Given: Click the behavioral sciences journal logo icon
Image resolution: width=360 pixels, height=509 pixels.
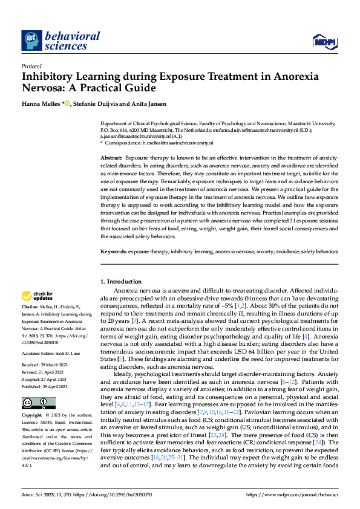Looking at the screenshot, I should (31, 41).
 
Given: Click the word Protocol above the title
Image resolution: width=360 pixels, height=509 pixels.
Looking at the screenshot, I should (31, 66).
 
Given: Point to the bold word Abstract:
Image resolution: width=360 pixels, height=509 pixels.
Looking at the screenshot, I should (111, 157).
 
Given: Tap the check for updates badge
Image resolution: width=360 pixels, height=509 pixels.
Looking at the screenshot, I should (37, 297).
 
